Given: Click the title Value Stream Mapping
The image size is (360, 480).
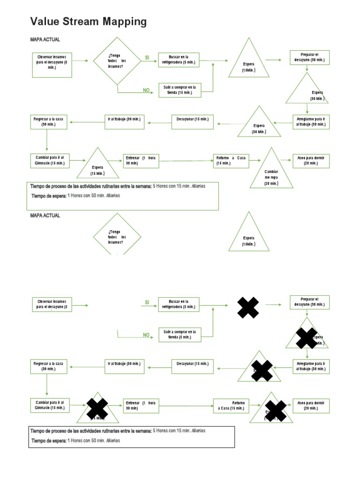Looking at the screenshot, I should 88,22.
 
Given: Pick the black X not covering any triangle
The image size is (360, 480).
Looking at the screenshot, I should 248,308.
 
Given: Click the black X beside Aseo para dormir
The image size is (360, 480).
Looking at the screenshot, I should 276,411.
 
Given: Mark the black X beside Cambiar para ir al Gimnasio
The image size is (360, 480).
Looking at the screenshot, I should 97,406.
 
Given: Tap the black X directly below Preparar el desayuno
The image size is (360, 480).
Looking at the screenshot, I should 307,338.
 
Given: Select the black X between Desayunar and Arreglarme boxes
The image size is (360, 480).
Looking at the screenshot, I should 262,370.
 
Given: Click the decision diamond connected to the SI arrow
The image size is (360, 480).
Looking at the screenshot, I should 116,61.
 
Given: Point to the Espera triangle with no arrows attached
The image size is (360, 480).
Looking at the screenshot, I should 249,233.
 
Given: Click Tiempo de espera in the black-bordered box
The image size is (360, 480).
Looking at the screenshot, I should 49,441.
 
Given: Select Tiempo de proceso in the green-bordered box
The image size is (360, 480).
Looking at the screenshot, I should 91,186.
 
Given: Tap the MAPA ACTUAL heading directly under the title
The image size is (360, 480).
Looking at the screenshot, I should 45,40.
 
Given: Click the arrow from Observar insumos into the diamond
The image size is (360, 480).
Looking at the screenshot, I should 80,60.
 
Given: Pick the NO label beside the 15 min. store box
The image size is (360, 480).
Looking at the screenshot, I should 146,90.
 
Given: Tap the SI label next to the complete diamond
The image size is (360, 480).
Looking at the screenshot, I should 147,57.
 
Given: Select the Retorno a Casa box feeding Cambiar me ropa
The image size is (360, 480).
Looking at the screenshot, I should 231,160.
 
